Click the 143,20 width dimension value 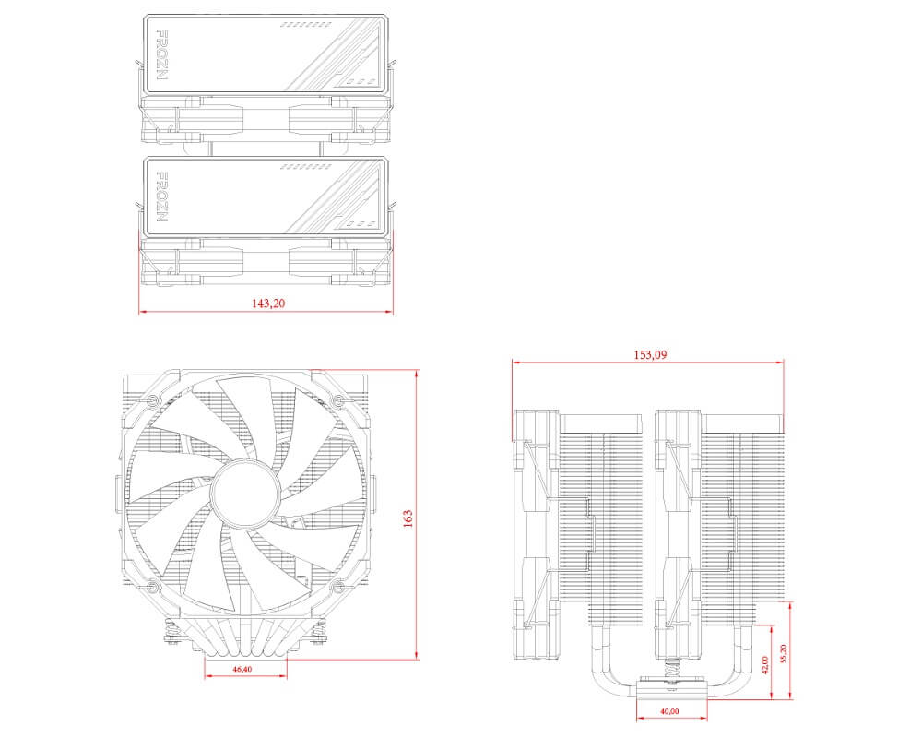pyautogui.click(x=266, y=303)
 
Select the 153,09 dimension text pyautogui.click(x=648, y=355)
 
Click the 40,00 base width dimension pyautogui.click(x=670, y=711)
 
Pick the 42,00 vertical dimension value pyautogui.click(x=765, y=664)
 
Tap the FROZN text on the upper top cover pyautogui.click(x=162, y=54)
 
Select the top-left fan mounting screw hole pyautogui.click(x=154, y=401)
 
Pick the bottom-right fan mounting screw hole pyautogui.click(x=337, y=587)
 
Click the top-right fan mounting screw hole pyautogui.click(x=337, y=401)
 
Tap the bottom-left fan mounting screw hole pyautogui.click(x=154, y=587)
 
